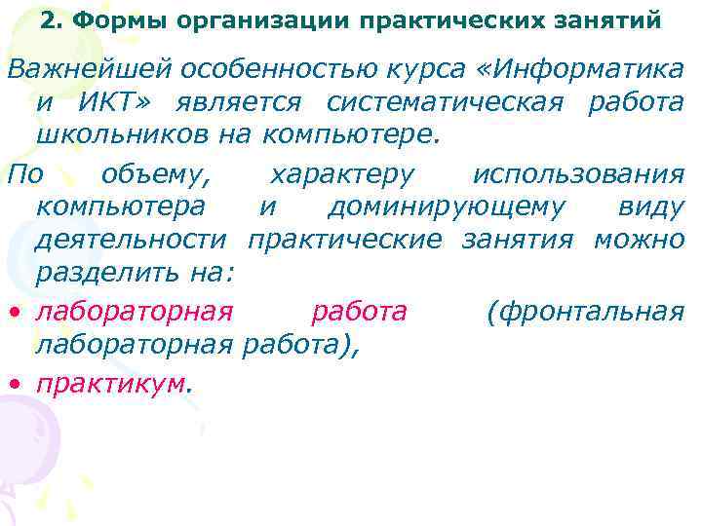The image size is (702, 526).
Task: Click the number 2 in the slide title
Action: pos(48,19)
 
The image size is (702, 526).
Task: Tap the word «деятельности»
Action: pos(131,240)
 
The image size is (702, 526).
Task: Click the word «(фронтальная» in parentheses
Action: pos(584,312)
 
